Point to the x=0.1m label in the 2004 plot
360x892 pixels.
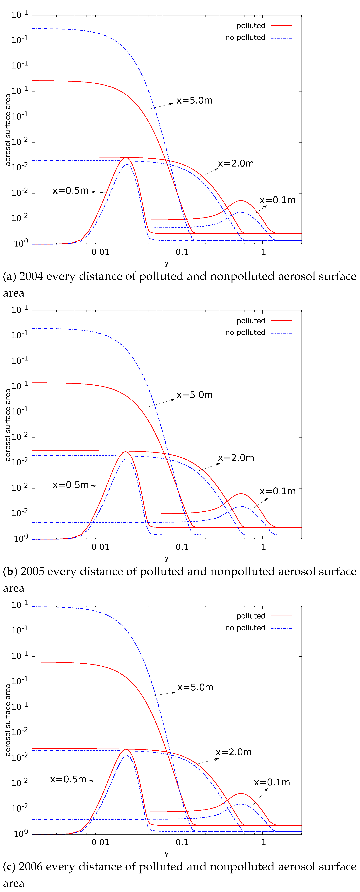(278, 200)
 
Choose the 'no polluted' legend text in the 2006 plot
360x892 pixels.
(245, 628)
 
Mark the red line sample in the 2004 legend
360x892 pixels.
(281, 26)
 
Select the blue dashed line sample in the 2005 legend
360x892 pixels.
(281, 333)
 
